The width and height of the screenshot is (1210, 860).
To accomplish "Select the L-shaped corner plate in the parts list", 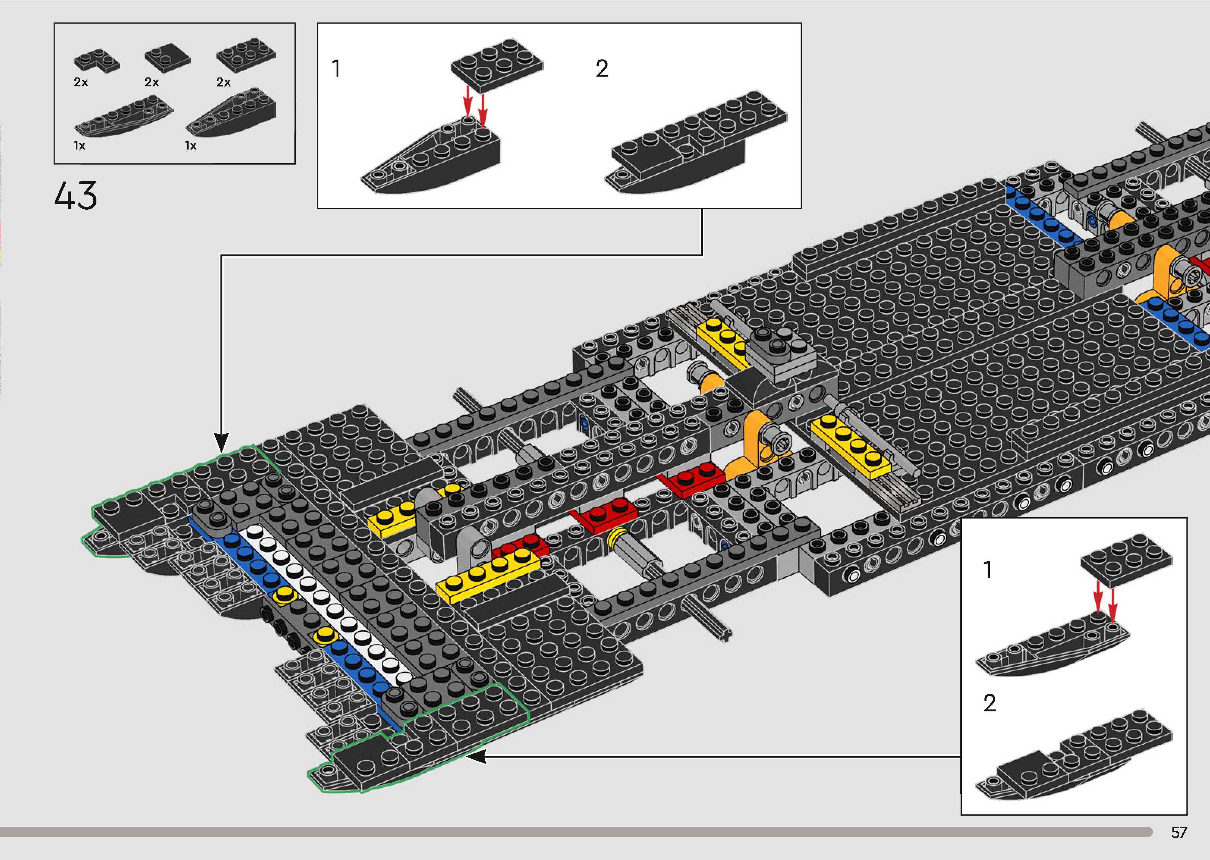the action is [x=96, y=61].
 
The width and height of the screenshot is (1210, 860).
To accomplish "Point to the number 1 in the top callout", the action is [x=336, y=69].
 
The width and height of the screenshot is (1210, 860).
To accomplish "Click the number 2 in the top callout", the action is [x=602, y=69].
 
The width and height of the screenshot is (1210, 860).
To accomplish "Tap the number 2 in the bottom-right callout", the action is [x=989, y=703].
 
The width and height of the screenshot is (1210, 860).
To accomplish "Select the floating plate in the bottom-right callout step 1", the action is [x=1126, y=560].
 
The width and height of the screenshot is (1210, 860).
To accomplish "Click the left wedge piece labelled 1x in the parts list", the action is [x=123, y=117].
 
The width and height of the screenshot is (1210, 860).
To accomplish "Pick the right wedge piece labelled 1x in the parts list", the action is [x=231, y=115].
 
